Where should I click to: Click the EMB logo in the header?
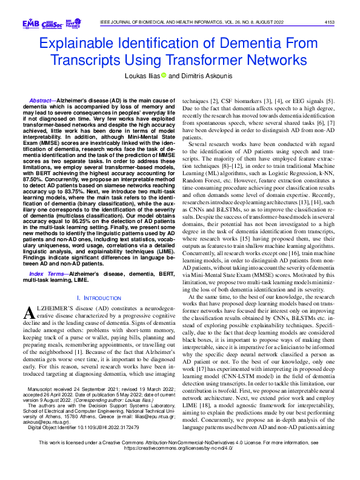point(30,23)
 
